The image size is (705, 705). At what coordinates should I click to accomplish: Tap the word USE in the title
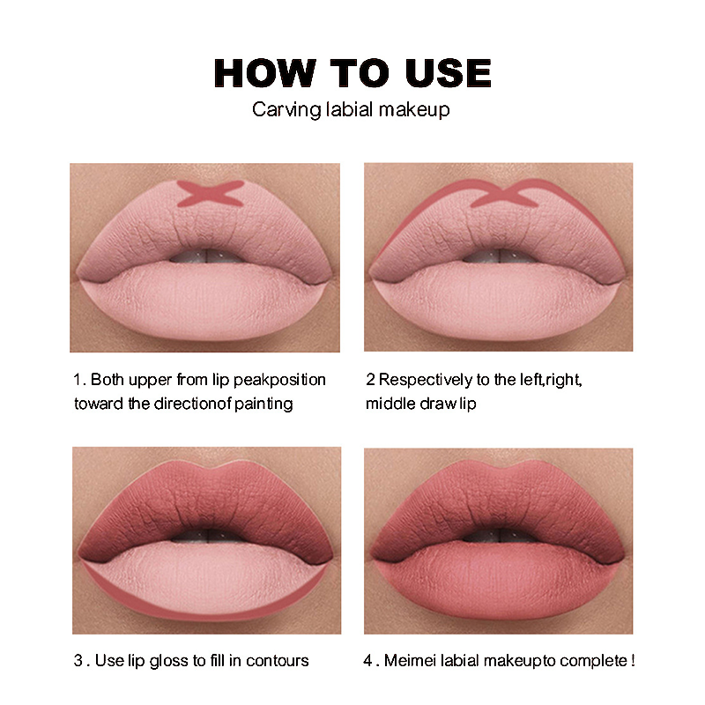[x=448, y=73]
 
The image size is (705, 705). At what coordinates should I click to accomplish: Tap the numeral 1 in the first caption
[x=77, y=380]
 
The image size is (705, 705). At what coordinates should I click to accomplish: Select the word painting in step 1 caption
[x=263, y=404]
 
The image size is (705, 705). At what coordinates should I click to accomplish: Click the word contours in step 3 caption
[x=278, y=661]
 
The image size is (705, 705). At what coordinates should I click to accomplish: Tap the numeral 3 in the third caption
[x=77, y=661]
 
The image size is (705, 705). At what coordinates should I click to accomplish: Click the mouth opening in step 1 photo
[x=204, y=256]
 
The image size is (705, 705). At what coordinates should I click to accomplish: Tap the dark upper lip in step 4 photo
[x=498, y=502]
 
